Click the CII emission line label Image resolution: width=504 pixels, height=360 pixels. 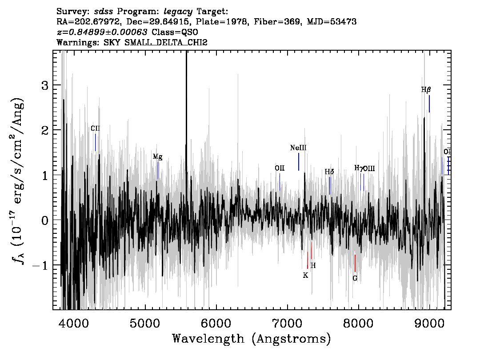pyautogui.click(x=95, y=128)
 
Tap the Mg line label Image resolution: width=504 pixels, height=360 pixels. pyautogui.click(x=157, y=157)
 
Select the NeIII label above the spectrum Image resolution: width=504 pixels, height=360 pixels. pyautogui.click(x=298, y=148)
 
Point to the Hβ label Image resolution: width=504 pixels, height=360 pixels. pyautogui.click(x=426, y=90)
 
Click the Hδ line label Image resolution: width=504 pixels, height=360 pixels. pyautogui.click(x=329, y=172)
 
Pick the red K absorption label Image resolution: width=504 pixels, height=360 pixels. pyautogui.click(x=305, y=276)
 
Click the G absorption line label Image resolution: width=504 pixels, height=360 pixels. pyautogui.click(x=355, y=278)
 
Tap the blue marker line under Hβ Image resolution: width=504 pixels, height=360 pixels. pyautogui.click(x=429, y=104)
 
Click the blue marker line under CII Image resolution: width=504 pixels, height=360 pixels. pyautogui.click(x=96, y=142)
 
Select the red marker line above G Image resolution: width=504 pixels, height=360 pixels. pyautogui.click(x=355, y=263)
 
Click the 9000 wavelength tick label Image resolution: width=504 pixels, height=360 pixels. pyautogui.click(x=429, y=324)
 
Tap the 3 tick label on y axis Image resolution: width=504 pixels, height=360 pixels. pyautogui.click(x=45, y=85)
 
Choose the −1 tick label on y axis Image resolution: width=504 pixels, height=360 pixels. pyautogui.click(x=40, y=265)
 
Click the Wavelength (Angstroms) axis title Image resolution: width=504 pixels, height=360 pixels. pyautogui.click(x=252, y=339)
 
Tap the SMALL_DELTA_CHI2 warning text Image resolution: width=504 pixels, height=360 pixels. pyautogui.click(x=166, y=42)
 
